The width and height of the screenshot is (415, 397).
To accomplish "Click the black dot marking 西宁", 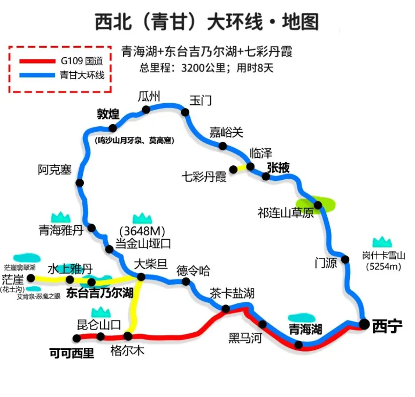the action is coord(364,324).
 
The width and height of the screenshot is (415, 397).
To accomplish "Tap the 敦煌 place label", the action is coord(107,114).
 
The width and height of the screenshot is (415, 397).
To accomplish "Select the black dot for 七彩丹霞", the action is coord(233,170).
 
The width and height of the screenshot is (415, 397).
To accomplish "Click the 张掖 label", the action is coord(278,167).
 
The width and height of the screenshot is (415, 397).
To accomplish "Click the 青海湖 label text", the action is coord(305,328).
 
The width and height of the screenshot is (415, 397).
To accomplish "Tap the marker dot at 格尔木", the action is coord(128,336).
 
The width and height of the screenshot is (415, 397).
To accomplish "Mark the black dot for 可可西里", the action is coord(77,338).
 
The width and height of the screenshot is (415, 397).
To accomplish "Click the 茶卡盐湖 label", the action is coord(232,293).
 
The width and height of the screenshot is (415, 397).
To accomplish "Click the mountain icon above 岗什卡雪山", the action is coord(382,242).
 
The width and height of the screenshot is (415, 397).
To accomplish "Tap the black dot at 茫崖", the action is coord(31,278).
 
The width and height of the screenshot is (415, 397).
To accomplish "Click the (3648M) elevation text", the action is coord(142,231).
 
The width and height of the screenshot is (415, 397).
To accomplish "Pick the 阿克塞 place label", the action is coord(55,170).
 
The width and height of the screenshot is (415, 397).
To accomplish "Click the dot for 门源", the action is coord(345,259).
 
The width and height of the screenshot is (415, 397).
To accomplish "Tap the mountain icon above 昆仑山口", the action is coord(100,312).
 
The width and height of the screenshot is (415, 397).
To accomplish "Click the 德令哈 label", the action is coord(194,271).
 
